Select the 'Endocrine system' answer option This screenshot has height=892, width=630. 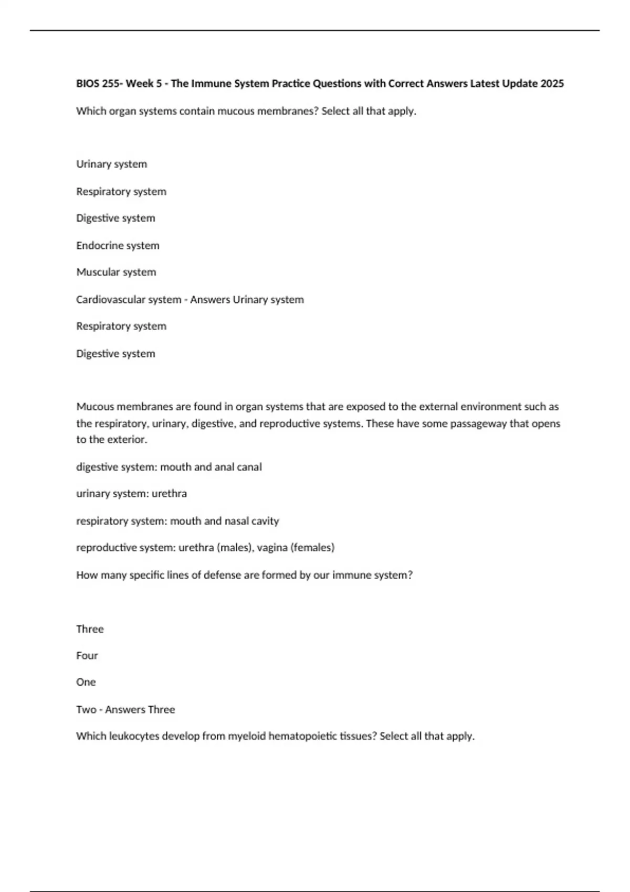tap(118, 246)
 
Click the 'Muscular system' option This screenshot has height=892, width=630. tap(116, 272)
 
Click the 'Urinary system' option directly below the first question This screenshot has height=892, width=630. tap(111, 164)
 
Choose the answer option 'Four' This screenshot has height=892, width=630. tap(87, 655)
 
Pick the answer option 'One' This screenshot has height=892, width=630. tap(86, 682)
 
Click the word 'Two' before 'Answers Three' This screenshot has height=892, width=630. tap(86, 709)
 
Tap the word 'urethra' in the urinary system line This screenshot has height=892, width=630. tap(169, 494)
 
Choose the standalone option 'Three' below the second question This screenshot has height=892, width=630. tap(90, 629)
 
